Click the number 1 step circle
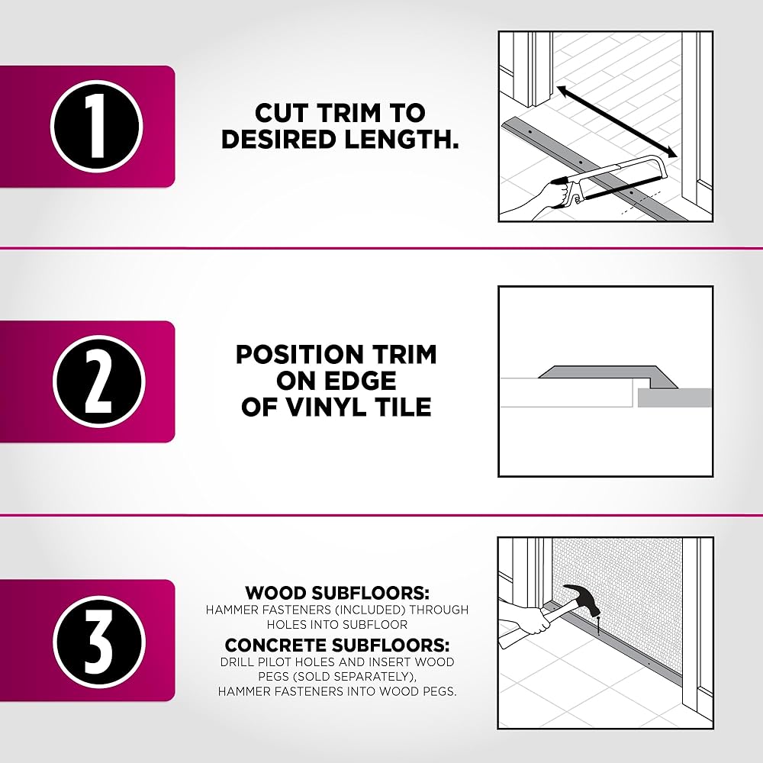[x=96, y=127]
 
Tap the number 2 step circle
[x=99, y=381]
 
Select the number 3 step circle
[x=99, y=641]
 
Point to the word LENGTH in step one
[x=401, y=139]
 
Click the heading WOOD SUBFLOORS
[x=337, y=593]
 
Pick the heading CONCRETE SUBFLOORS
[x=337, y=645]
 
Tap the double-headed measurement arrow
[x=617, y=121]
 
